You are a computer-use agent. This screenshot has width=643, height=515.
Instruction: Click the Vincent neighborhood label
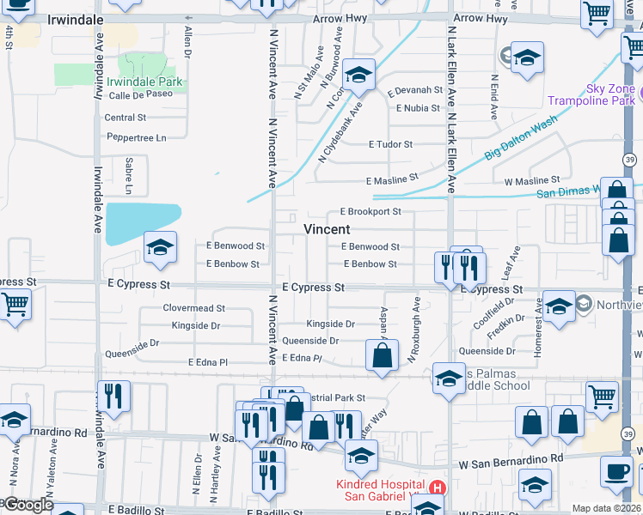[x=327, y=229]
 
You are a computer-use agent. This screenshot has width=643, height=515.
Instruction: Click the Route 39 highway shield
[x=630, y=159]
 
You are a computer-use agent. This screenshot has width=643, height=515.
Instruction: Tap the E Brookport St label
[x=370, y=211]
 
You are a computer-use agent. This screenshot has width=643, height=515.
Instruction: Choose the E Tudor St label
[x=390, y=144]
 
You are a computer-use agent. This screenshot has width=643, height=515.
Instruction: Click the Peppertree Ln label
[x=136, y=137]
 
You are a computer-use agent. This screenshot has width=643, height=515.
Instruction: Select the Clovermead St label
[x=194, y=307]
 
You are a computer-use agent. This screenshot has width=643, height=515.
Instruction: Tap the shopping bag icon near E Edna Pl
[x=382, y=354]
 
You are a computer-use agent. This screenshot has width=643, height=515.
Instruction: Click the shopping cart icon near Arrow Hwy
[x=596, y=14]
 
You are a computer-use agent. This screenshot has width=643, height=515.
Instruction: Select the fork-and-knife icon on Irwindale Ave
[x=113, y=396]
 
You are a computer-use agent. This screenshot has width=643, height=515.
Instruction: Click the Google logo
[x=27, y=505]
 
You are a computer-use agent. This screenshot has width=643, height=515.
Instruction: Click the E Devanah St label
[x=414, y=90]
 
